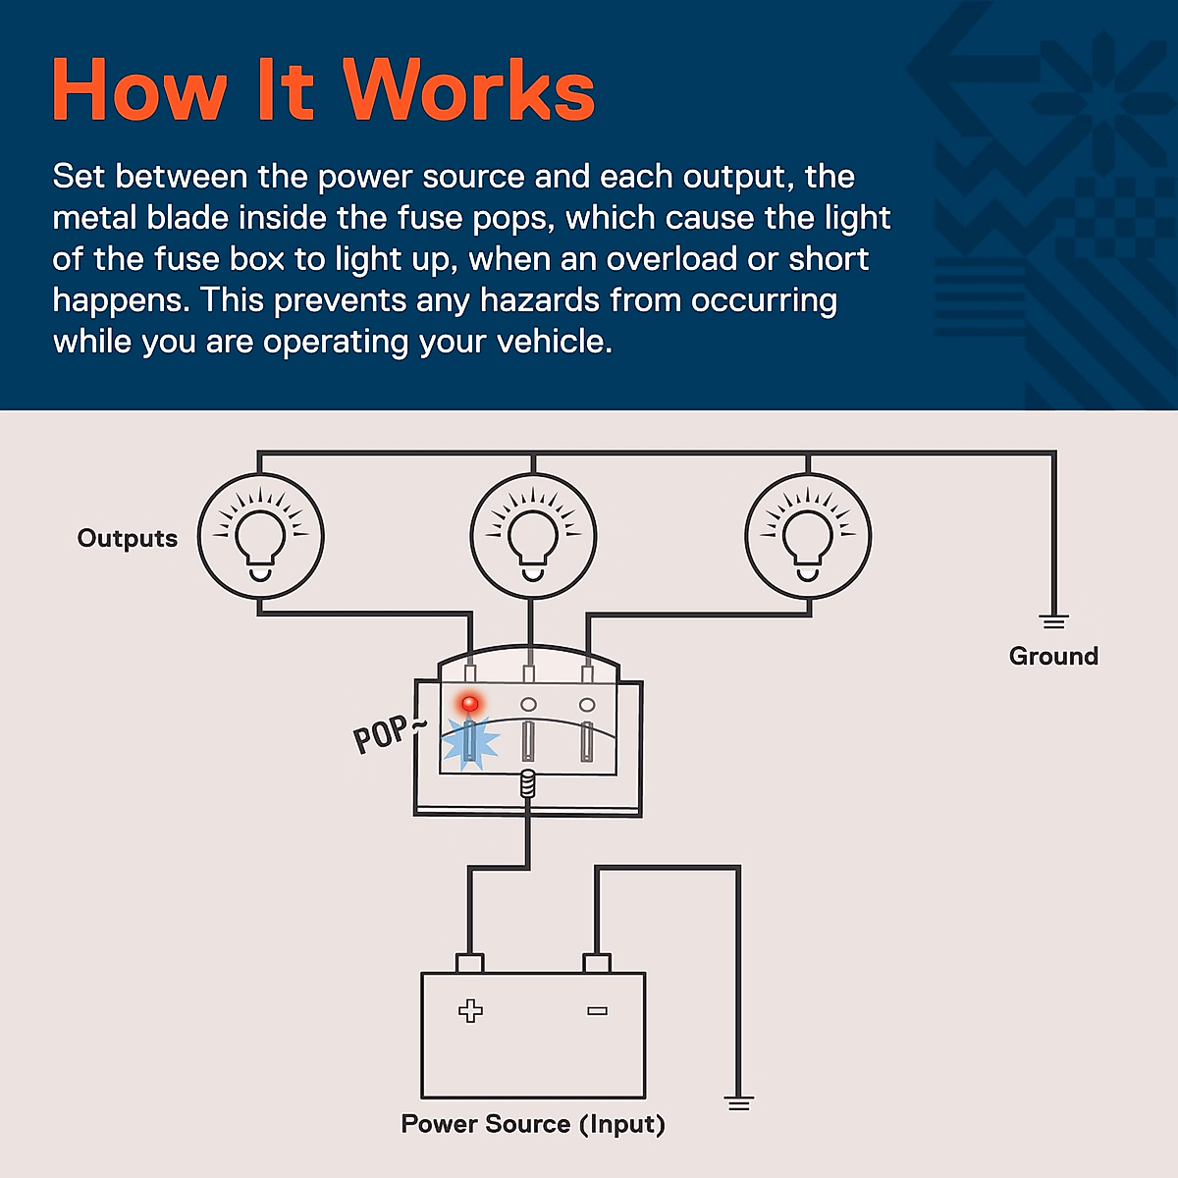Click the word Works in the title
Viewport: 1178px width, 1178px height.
point(469,90)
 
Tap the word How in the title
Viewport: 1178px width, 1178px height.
point(138,90)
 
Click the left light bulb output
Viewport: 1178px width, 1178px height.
point(260,537)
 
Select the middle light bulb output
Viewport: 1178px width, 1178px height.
point(533,537)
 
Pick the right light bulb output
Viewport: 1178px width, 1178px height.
point(808,537)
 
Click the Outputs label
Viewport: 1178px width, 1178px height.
point(128,538)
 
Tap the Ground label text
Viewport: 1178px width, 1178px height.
point(1053,656)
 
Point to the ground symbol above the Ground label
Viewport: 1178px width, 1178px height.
point(1053,621)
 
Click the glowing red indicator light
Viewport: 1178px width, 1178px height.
point(470,704)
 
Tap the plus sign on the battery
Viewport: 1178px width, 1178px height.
point(471,1010)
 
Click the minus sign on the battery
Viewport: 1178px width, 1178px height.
point(597,1010)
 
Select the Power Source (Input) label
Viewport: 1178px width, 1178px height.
point(533,1124)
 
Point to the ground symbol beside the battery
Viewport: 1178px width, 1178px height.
point(739,1103)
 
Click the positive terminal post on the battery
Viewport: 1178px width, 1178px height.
point(470,963)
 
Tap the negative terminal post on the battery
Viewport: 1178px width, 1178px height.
point(597,963)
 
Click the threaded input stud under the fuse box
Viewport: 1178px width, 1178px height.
point(528,783)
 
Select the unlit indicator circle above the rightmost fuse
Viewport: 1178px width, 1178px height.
point(587,705)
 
